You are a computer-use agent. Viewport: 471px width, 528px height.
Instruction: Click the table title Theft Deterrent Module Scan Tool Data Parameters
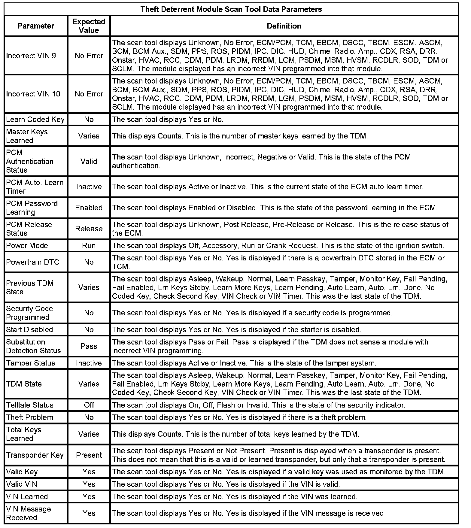click(231, 9)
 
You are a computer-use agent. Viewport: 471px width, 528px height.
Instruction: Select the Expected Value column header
click(89, 26)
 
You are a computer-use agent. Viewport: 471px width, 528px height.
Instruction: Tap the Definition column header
click(284, 26)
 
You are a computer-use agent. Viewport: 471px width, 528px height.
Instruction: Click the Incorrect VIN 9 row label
click(31, 56)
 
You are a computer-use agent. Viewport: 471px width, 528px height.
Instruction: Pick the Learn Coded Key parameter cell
click(35, 120)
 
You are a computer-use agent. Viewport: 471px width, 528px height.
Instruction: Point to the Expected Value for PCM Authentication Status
click(89, 161)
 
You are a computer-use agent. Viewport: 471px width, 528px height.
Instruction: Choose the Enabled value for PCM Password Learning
click(89, 208)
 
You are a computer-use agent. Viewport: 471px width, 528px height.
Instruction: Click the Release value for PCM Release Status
click(89, 229)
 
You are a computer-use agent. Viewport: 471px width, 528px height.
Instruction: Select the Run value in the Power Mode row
click(89, 246)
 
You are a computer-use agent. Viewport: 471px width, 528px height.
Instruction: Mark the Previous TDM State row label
click(30, 287)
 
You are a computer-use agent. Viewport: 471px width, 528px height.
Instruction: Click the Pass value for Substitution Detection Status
click(89, 346)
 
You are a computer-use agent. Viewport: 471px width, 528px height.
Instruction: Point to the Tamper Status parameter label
click(30, 363)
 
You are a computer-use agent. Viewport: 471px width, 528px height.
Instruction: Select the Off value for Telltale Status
click(89, 405)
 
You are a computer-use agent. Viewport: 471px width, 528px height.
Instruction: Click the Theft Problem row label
click(29, 417)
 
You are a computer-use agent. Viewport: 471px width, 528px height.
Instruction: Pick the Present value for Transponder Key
click(89, 455)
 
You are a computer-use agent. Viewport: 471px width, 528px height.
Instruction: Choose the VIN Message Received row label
click(28, 514)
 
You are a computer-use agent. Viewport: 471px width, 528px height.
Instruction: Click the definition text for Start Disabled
click(236, 330)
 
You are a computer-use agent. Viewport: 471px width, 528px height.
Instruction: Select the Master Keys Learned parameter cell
click(27, 136)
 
